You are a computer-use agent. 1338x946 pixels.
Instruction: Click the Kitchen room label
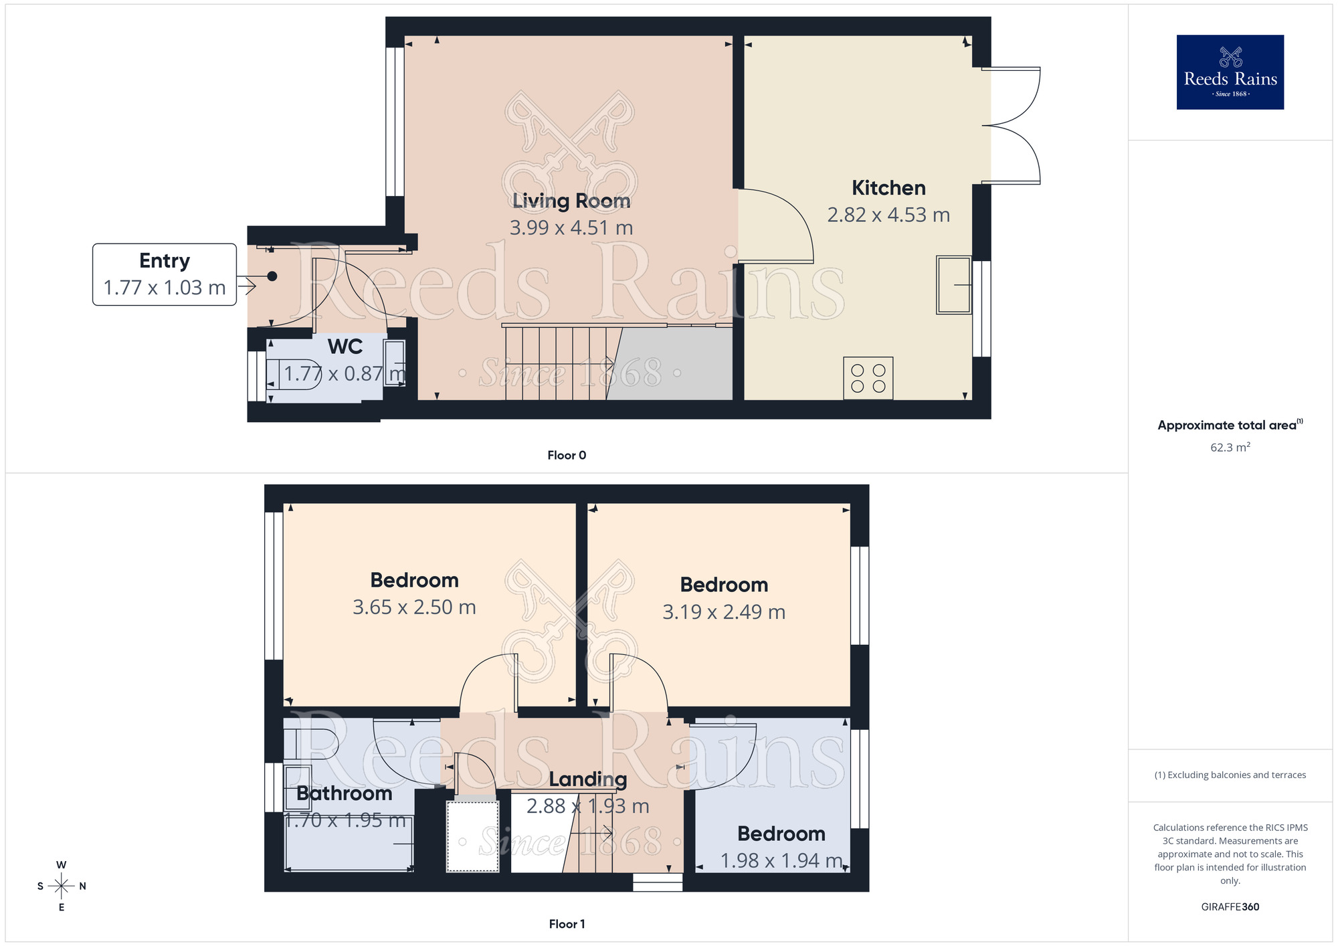tap(888, 188)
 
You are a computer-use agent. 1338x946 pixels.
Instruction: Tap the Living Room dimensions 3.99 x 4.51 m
tap(571, 228)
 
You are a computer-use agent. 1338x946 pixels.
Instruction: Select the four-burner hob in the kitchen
tap(868, 378)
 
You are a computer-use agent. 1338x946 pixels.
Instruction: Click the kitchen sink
tap(953, 284)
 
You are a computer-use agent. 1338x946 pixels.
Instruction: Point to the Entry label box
tap(165, 274)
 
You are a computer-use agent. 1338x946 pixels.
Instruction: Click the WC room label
tap(345, 347)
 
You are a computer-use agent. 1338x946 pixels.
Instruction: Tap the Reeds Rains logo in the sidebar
tap(1230, 72)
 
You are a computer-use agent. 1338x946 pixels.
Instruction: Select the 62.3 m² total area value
tap(1230, 448)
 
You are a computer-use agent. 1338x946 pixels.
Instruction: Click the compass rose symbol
tap(61, 886)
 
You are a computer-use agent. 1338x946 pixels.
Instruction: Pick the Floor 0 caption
tap(567, 456)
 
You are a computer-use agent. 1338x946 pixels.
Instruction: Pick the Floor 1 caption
tap(567, 924)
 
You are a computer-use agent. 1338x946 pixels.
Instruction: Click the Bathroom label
tap(344, 793)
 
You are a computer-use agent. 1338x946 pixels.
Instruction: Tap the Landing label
tap(587, 779)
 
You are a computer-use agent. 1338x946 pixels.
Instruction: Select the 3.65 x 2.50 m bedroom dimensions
tap(414, 607)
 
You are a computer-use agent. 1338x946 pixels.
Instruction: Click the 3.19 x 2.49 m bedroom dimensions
tap(724, 612)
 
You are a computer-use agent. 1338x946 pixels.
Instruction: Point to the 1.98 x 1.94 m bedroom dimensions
tap(781, 861)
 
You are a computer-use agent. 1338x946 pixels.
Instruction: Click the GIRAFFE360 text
tap(1230, 907)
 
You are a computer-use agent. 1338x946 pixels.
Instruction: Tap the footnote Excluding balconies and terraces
tap(1230, 775)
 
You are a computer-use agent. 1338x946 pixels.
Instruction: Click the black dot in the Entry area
tap(272, 276)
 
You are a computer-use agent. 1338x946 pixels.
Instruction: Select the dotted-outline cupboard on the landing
tap(472, 836)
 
